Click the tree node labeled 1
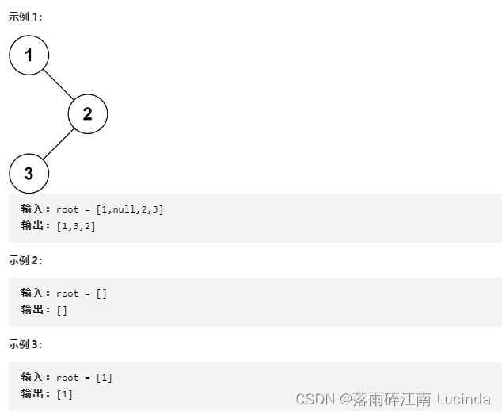point(29,56)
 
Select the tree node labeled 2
point(87,114)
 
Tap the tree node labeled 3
point(29,174)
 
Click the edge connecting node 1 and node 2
point(58,85)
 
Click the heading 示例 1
point(25,17)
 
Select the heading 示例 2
point(25,260)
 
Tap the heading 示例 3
point(25,344)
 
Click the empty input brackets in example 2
point(101,293)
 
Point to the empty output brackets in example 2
point(62,310)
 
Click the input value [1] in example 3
point(104,378)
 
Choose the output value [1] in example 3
point(64,394)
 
